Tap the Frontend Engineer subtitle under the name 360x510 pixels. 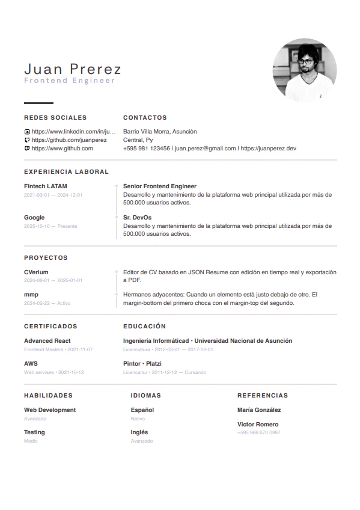(69, 81)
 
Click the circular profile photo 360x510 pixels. (304, 70)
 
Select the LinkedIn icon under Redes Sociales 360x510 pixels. (26, 132)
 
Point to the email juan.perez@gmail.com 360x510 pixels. (205, 148)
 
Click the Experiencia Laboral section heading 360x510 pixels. (66, 171)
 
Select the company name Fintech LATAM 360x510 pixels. (46, 186)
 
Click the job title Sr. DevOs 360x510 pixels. (137, 218)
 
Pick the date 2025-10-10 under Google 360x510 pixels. (37, 227)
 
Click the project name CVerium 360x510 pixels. (36, 272)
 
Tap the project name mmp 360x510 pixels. (31, 295)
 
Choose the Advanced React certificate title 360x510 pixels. (47, 341)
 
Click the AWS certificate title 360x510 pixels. (31, 364)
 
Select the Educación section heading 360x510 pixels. (144, 327)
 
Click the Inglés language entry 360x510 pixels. (139, 432)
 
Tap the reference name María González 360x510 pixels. (259, 410)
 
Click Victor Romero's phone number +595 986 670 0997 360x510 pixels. (258, 433)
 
